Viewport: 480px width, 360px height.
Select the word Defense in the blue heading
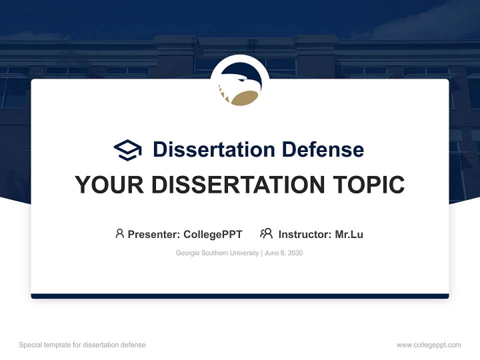322,149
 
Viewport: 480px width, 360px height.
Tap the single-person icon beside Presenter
119,233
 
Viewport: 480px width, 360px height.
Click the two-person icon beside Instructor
266,233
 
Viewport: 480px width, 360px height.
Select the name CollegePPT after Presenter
213,234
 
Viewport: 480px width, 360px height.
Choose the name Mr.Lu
349,234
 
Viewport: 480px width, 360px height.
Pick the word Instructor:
305,234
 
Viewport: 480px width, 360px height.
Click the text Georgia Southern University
217,253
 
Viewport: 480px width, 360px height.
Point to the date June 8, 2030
284,253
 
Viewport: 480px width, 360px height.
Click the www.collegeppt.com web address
428,345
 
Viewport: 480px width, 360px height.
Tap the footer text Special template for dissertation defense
82,345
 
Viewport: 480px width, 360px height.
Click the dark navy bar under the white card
240,296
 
